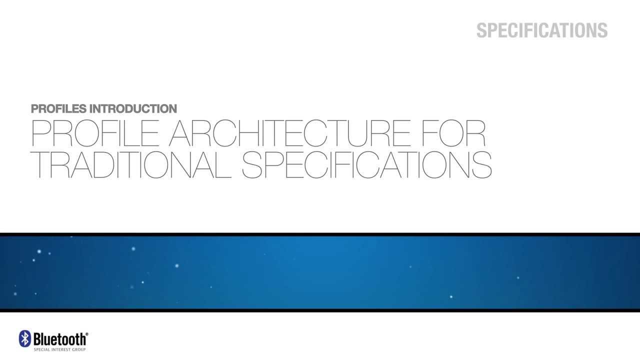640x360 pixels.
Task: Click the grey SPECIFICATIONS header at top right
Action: point(541,30)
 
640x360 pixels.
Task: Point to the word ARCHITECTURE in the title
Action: point(289,133)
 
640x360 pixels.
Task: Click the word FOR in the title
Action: point(453,133)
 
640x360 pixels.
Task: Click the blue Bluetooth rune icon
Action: point(24,338)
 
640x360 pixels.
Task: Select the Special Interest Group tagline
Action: point(59,349)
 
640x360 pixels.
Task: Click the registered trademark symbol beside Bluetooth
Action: point(87,334)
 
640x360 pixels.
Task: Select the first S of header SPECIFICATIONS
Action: point(482,30)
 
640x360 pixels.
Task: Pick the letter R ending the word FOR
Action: point(476,133)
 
